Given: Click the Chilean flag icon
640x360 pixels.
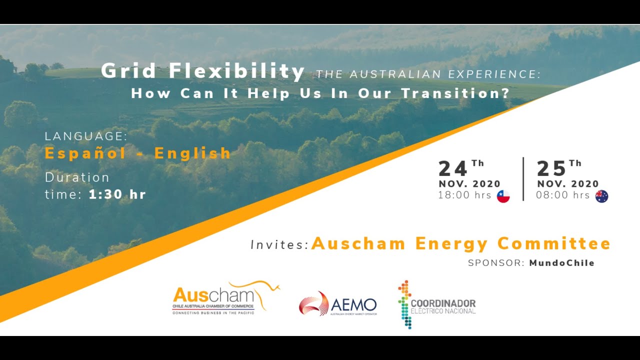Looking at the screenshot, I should [x=503, y=196].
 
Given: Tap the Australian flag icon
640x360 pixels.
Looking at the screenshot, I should [x=601, y=196].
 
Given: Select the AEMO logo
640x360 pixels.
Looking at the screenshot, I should [x=338, y=304].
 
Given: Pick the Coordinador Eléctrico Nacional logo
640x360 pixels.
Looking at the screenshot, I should [x=436, y=304].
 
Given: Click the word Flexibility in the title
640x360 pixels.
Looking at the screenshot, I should [x=236, y=71].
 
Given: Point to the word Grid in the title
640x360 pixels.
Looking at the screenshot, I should [x=129, y=71].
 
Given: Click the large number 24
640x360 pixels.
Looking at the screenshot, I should [x=453, y=168].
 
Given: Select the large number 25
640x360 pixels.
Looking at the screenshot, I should [x=551, y=168].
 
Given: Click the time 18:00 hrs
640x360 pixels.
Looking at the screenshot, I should [x=465, y=195].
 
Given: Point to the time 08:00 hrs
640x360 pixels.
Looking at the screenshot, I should [x=563, y=195].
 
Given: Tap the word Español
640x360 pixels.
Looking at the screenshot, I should [x=85, y=153].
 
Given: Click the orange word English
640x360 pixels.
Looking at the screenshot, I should [x=192, y=153].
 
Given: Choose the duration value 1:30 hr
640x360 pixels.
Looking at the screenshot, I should [x=117, y=194].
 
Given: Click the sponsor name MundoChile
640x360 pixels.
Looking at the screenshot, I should [x=562, y=263].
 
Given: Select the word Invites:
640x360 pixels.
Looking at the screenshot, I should [x=279, y=245].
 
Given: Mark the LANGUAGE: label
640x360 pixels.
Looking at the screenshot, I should [x=86, y=136].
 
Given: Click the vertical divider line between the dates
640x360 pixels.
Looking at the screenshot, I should [x=523, y=179].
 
